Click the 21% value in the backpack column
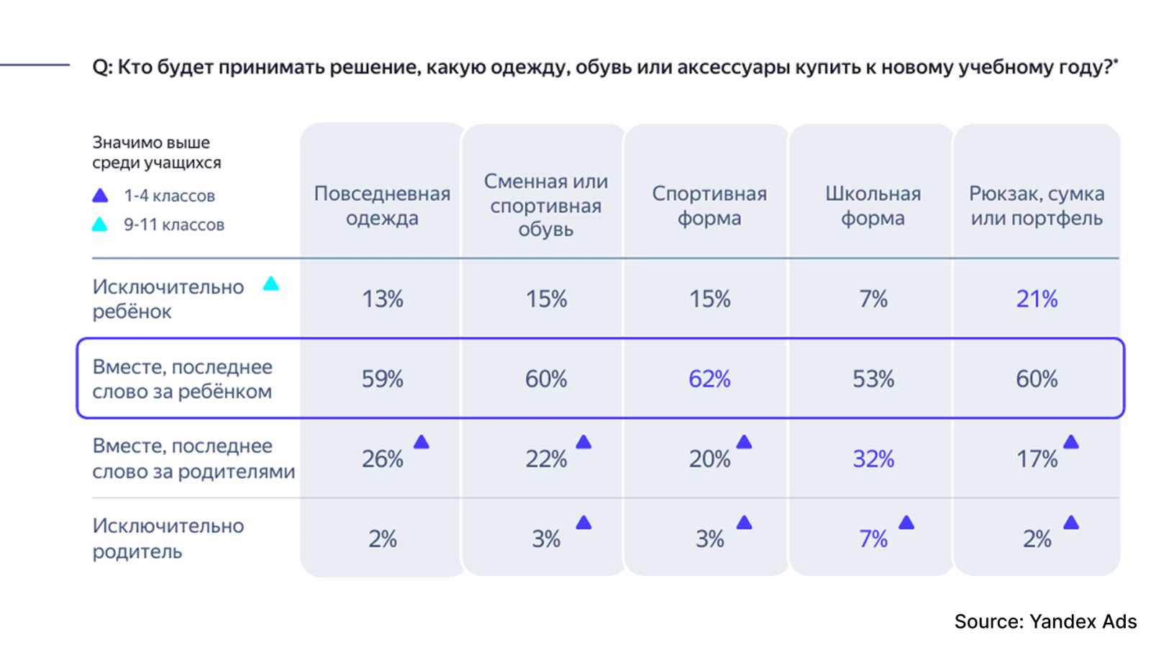click(1037, 299)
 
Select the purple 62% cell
click(709, 379)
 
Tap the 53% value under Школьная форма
click(873, 379)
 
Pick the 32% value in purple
click(873, 459)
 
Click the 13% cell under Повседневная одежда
click(382, 299)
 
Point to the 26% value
click(382, 459)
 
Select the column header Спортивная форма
click(709, 205)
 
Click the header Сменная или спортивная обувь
click(545, 205)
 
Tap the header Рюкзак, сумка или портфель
click(1037, 205)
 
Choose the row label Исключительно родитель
click(168, 539)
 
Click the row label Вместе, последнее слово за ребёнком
click(182, 379)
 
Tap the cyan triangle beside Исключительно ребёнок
click(270, 284)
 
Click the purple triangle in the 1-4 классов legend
click(100, 196)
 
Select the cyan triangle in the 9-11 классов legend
click(100, 225)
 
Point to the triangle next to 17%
click(1071, 442)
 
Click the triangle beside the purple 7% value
click(906, 523)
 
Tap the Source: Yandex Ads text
click(1045, 621)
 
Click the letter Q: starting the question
click(102, 67)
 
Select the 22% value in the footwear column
click(545, 459)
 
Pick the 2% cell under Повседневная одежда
click(382, 539)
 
